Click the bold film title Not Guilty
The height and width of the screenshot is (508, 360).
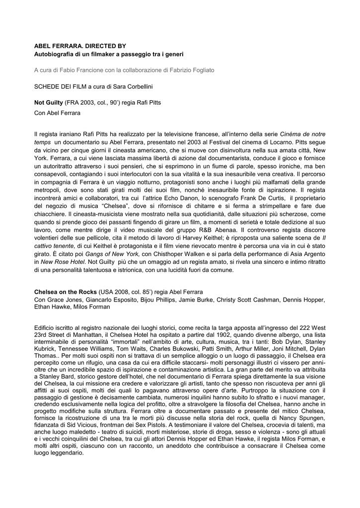point(49,103)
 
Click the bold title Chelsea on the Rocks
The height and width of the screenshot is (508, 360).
point(65,292)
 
